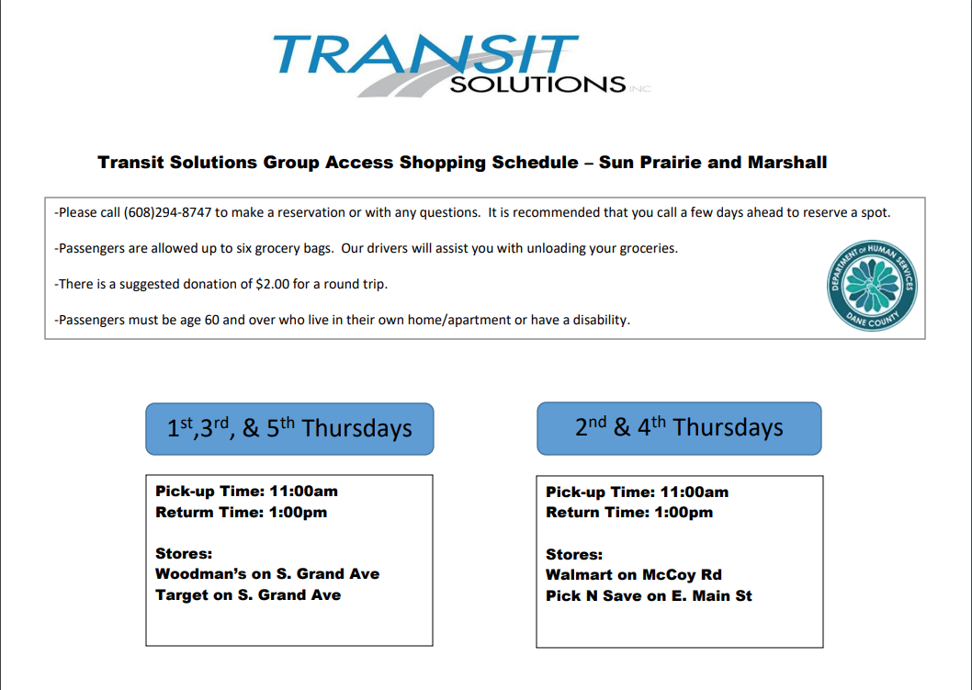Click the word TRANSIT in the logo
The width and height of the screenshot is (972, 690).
424,55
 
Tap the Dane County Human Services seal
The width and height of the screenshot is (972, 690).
871,287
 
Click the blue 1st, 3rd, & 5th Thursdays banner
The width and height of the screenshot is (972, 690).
289,428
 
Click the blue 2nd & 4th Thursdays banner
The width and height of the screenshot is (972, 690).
679,427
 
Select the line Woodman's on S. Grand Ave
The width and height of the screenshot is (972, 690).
267,574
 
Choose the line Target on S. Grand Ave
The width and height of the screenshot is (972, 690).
248,595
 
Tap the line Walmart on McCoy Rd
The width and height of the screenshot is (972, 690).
634,575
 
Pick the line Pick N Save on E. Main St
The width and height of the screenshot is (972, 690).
649,596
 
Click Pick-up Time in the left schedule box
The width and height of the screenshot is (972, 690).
208,492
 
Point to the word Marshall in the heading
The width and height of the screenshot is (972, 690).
787,163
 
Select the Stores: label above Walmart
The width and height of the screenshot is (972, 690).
574,555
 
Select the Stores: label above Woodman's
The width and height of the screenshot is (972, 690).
184,554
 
